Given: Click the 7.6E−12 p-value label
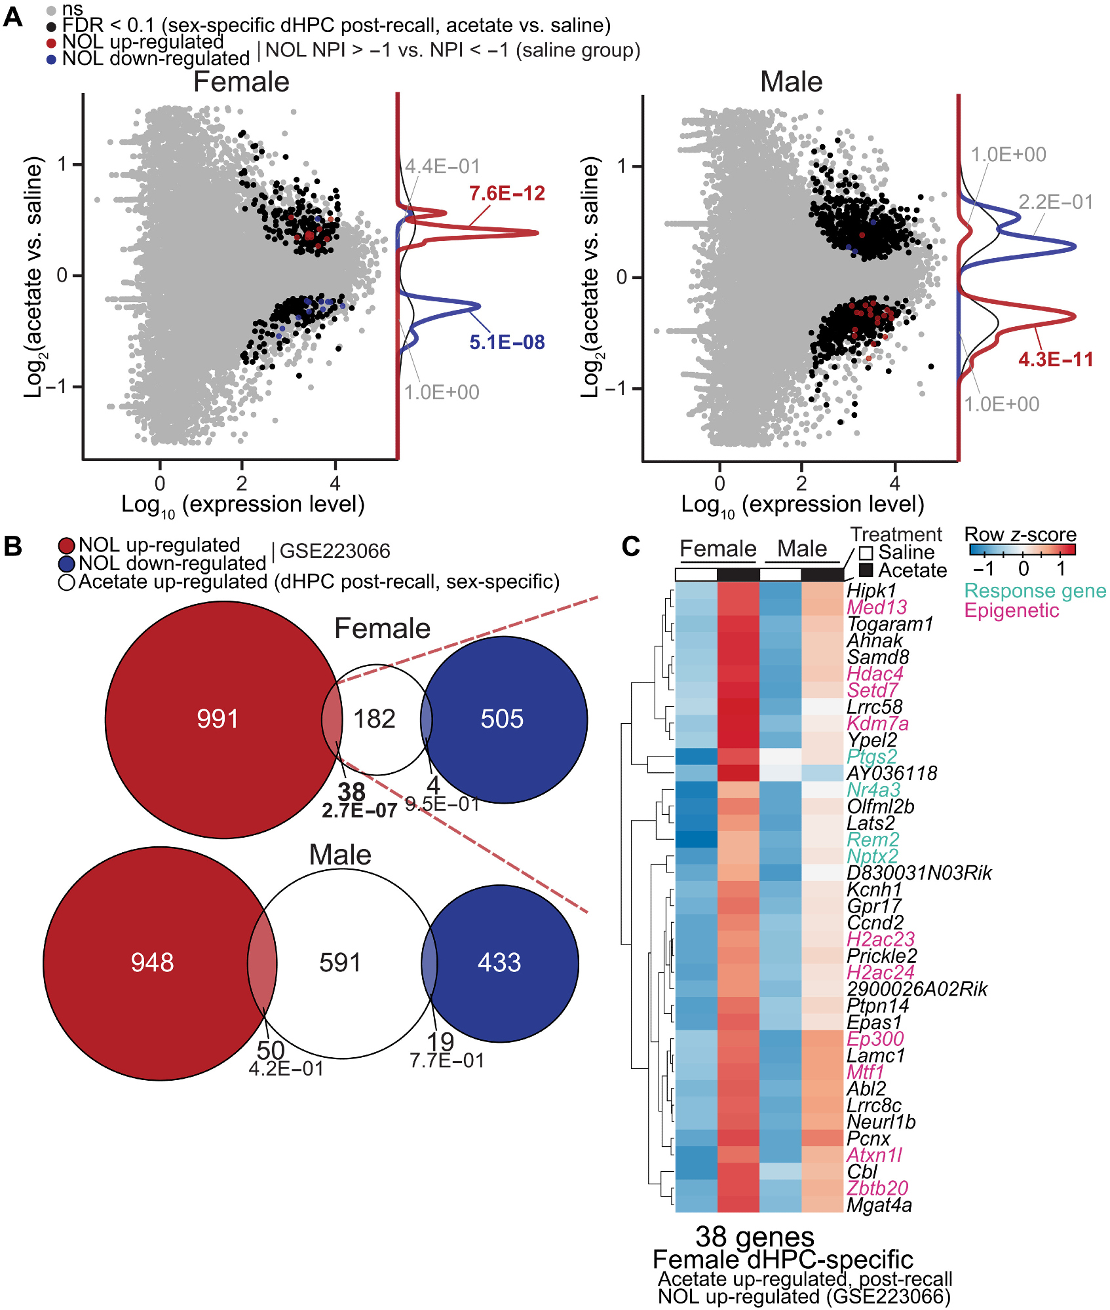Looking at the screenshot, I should [507, 193].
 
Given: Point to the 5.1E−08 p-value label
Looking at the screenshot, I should [507, 342].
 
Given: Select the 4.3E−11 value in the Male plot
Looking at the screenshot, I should [1055, 359].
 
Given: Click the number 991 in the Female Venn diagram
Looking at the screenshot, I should [218, 719].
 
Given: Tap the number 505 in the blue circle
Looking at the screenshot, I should [502, 719].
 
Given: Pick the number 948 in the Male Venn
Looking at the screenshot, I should [152, 962].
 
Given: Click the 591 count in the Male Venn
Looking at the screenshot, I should [340, 963].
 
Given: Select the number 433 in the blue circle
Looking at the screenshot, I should [499, 962].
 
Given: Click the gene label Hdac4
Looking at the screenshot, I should [875, 673].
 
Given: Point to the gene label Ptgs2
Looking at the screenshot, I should [871, 757].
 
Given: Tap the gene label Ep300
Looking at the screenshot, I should [875, 1039].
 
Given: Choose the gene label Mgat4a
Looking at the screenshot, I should [879, 1205].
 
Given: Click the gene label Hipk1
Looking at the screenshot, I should [871, 590].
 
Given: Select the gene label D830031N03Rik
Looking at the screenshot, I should [919, 872].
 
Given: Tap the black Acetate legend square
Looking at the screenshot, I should [866, 571].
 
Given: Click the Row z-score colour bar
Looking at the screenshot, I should [1022, 550].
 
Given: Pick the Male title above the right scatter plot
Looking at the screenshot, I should [791, 82].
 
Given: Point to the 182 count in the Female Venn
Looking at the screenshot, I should [374, 719].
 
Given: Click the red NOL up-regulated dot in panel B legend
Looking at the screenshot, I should [66, 546].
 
